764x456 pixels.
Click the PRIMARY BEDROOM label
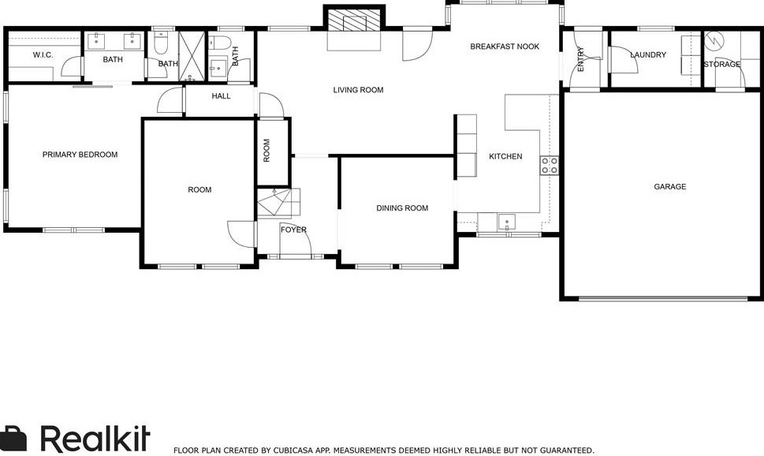coord(80,155)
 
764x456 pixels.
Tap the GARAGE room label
coord(670,186)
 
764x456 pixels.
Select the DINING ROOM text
coord(402,207)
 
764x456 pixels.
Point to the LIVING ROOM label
coord(358,90)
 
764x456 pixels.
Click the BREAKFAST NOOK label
coord(505,47)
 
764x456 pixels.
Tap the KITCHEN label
coord(505,156)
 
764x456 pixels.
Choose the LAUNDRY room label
coord(648,54)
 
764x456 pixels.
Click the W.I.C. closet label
coord(43,54)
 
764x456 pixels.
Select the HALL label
coord(222,96)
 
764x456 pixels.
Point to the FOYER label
coord(293,230)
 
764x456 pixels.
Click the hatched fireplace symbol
coord(354,22)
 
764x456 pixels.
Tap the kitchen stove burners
coord(549,166)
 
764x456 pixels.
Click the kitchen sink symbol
coord(507,222)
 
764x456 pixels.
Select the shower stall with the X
coord(193,55)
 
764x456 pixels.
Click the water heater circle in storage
coord(714,39)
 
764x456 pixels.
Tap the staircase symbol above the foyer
coord(278,203)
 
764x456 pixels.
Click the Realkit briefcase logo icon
coord(13,439)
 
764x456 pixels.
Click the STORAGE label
coord(722,65)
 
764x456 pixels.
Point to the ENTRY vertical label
coord(580,59)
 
